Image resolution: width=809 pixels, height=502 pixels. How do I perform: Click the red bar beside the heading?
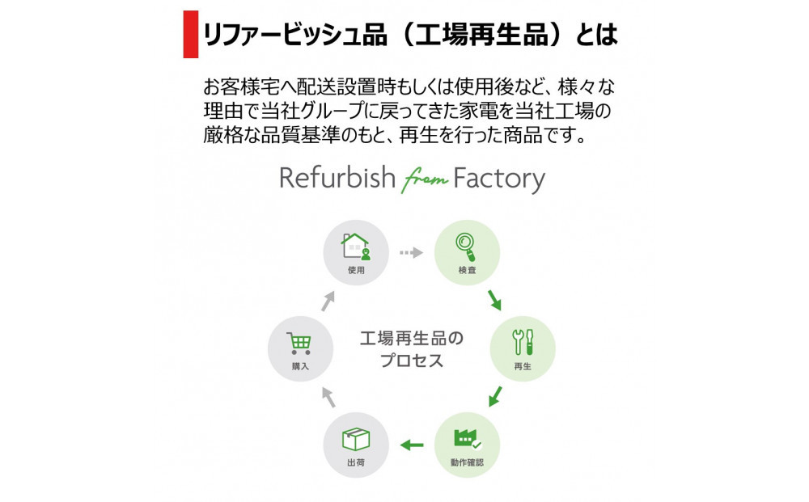coord(190,34)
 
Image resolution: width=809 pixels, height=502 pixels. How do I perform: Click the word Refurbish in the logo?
coord(337,178)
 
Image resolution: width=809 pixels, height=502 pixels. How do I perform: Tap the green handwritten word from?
coord(425,181)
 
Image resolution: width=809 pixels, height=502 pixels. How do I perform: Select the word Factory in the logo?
coord(499,179)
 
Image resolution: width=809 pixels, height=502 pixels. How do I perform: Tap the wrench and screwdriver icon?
coord(523,341)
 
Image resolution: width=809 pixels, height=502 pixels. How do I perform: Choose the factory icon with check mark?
coord(468,438)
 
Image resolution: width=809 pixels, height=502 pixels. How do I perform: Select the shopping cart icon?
coord(299,344)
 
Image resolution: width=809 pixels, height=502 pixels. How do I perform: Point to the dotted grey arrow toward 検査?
coord(411,253)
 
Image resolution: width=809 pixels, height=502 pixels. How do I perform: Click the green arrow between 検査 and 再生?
coord(493,301)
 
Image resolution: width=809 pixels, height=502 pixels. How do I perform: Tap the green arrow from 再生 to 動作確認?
coord(495,397)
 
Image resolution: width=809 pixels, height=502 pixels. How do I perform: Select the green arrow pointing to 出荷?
coord(412,444)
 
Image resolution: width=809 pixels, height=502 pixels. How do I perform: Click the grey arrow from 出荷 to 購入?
coord(327,395)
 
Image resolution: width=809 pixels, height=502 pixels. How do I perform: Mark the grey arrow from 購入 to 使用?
coord(327,302)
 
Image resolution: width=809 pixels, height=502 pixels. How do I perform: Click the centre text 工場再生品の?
coord(412,337)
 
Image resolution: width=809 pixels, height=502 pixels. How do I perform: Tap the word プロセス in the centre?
coord(412,361)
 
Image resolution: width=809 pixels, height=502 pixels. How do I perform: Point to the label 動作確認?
coord(468,464)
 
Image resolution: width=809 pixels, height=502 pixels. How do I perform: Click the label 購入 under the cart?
coord(300,367)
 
